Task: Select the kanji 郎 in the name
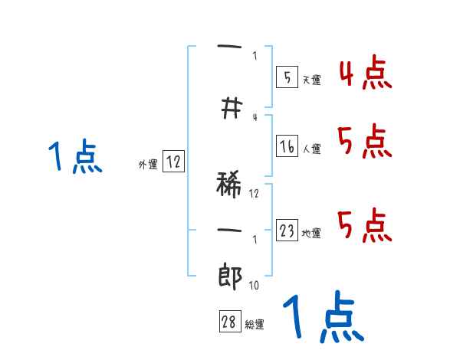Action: click(229, 276)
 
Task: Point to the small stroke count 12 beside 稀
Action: click(254, 194)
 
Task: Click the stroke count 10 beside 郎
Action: click(253, 286)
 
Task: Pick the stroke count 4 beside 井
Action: click(254, 117)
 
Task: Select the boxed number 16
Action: click(286, 146)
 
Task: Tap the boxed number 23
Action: click(287, 231)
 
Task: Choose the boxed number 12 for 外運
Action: click(173, 162)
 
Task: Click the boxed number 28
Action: click(229, 322)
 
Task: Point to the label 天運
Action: click(311, 80)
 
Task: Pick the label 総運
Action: click(255, 325)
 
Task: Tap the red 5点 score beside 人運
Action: click(365, 142)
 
